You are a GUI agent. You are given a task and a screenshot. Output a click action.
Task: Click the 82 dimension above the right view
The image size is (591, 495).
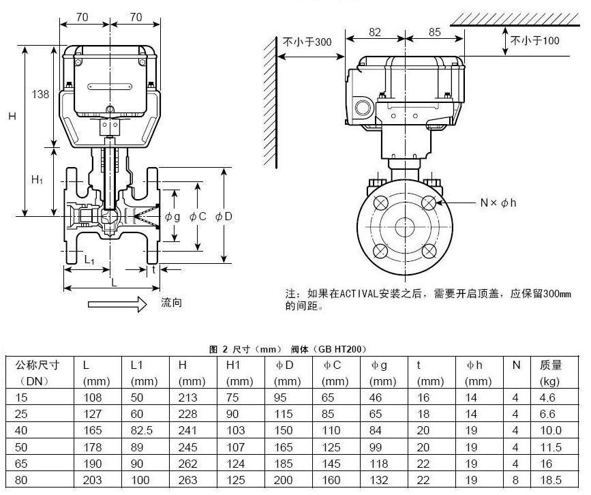click(x=375, y=31)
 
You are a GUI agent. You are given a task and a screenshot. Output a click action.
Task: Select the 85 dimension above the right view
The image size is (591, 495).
click(x=436, y=31)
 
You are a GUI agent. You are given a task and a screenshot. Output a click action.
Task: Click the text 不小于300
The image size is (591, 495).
click(x=307, y=42)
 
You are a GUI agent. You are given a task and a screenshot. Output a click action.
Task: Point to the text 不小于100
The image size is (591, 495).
click(x=535, y=41)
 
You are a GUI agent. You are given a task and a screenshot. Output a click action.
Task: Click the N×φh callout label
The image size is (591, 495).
click(x=498, y=203)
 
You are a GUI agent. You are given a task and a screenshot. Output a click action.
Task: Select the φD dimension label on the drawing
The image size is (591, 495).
click(x=224, y=216)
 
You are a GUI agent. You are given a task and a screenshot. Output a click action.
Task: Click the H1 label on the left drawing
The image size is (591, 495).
click(x=37, y=180)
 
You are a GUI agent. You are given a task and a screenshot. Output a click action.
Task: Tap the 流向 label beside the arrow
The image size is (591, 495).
click(x=171, y=303)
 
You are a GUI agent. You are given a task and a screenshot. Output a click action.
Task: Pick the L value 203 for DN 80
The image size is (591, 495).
click(x=92, y=480)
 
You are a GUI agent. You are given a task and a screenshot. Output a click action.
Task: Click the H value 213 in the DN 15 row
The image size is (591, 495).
click(x=188, y=397)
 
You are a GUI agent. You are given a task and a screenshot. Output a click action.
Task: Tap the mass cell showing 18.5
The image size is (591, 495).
click(x=551, y=480)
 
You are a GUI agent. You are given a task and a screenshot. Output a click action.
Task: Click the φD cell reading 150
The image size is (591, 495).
click(x=286, y=430)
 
